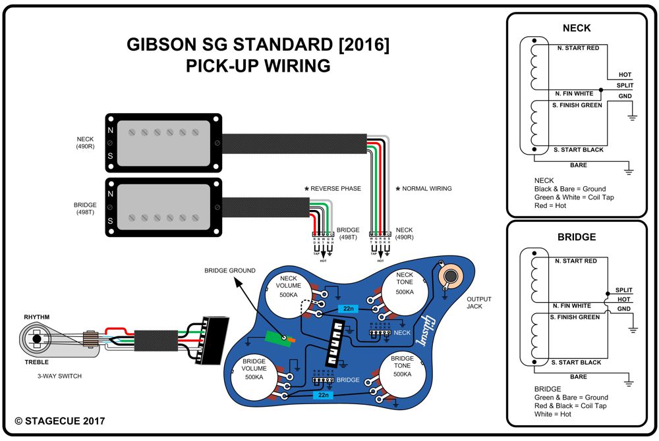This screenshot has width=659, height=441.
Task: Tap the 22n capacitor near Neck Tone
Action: coord(347,308)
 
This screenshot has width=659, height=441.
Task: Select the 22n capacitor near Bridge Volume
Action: coord(323,395)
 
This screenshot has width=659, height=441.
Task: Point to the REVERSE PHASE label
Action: coord(335,189)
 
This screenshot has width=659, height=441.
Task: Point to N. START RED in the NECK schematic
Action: coord(577,48)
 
